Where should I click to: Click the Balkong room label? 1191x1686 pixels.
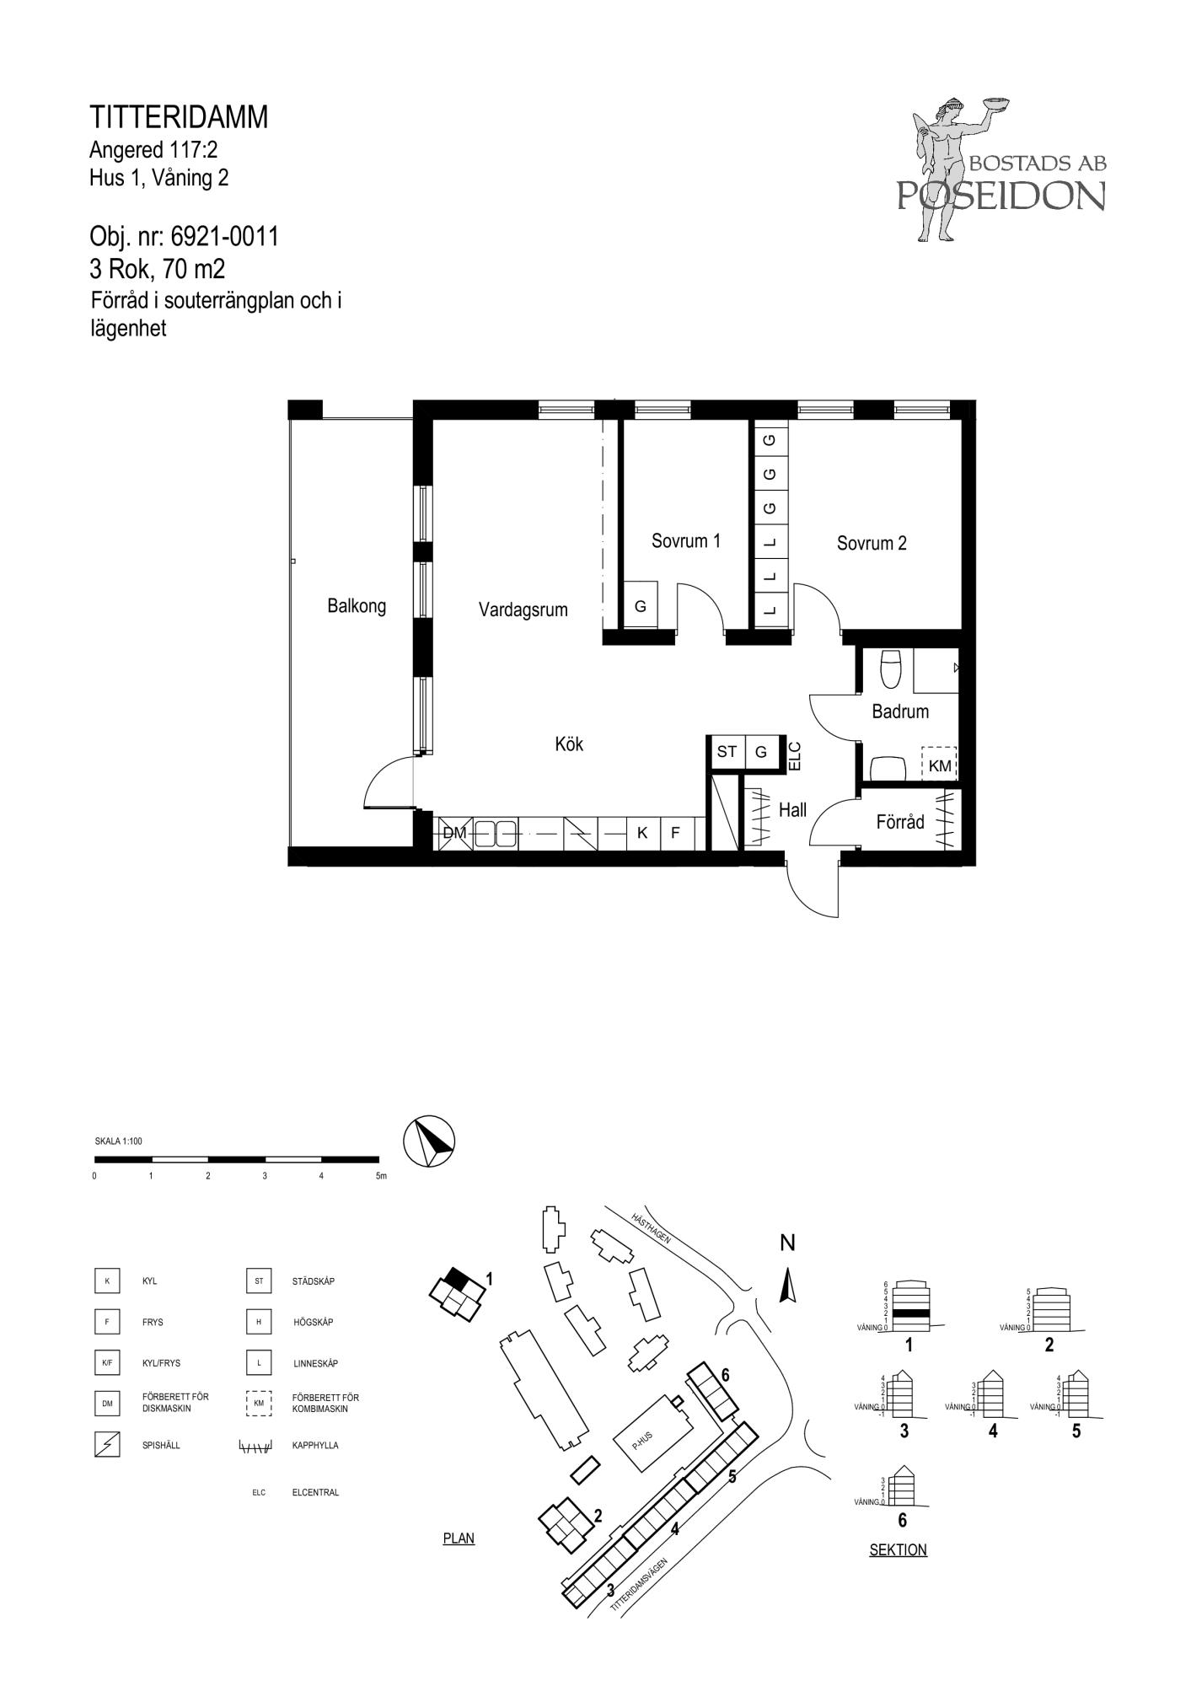tap(357, 605)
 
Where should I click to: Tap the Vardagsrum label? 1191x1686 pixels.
tap(523, 609)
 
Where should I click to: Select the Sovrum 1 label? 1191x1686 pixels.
tap(686, 541)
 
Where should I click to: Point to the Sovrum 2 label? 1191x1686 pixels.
tap(872, 544)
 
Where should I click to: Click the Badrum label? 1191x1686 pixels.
tap(900, 711)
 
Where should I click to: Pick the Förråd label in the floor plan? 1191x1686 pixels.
tap(900, 822)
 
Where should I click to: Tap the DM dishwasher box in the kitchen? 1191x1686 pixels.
tap(454, 833)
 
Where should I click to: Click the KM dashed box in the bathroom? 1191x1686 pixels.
tap(940, 764)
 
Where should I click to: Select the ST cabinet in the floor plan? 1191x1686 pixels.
tap(727, 752)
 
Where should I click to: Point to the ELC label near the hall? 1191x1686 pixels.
tap(794, 756)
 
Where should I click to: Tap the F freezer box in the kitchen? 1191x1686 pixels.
tap(675, 833)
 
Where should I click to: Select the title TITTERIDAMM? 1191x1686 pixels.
tap(179, 117)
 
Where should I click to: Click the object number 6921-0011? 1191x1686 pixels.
tap(224, 237)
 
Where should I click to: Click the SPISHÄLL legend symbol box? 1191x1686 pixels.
tap(107, 1445)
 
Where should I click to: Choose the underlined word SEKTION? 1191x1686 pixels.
tap(898, 1550)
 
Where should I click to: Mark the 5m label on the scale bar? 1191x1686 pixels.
tap(381, 1176)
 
